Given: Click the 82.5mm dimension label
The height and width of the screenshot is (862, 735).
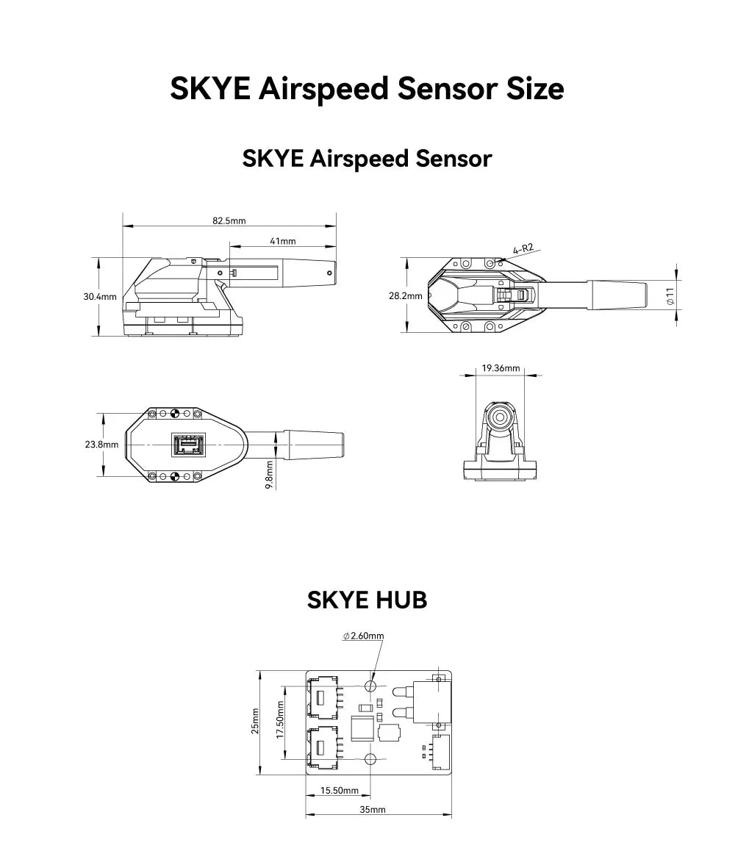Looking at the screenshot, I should [229, 220].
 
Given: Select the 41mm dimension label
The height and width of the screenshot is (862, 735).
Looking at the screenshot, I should [283, 241].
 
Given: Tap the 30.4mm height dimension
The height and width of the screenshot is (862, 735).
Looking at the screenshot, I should [100, 297].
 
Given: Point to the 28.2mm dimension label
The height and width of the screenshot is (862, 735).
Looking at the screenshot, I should [406, 296].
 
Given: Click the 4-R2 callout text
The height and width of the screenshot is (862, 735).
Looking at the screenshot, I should [523, 249].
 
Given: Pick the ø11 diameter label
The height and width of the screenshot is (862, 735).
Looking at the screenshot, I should [670, 296].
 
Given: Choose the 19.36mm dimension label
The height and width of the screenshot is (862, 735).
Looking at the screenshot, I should [501, 368].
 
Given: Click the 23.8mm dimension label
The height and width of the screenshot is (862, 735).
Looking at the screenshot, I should [101, 445].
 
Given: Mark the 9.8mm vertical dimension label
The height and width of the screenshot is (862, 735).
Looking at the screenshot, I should [270, 475].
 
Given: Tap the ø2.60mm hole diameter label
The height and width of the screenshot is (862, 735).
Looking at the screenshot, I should [363, 636].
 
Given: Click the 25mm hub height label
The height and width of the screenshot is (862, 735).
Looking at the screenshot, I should [256, 721].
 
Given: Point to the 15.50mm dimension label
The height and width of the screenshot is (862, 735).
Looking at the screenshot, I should [340, 791].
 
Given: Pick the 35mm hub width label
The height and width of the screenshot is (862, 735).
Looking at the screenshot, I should [373, 810].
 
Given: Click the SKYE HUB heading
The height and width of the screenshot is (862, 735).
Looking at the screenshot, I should [367, 600].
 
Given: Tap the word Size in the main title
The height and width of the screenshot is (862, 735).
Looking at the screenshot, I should [524, 88].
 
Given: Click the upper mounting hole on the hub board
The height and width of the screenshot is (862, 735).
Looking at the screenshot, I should [371, 686].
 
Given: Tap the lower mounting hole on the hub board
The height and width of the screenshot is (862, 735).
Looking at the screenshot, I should [371, 758].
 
